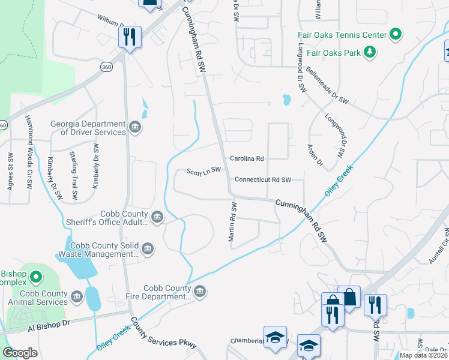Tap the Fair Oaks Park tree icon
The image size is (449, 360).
[370, 53]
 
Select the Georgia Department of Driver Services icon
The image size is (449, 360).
[134, 127]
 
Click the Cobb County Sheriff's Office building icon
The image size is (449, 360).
[157, 217]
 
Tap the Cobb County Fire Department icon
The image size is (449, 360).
[200, 292]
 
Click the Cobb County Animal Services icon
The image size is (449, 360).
[76, 297]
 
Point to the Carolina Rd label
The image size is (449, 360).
[247, 159]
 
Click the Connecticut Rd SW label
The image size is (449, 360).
[262, 179]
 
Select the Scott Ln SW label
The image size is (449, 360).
[204, 170]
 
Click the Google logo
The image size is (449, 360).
[20, 352]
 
